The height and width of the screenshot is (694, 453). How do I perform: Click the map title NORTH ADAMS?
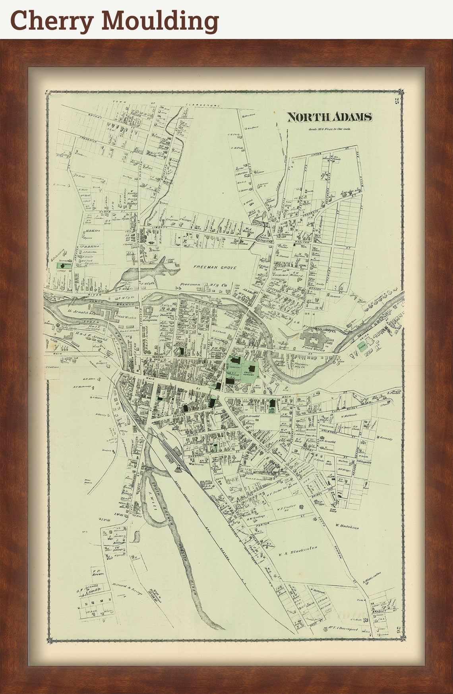329,117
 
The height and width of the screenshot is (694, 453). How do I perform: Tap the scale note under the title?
329,129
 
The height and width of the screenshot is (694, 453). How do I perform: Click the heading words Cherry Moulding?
114,20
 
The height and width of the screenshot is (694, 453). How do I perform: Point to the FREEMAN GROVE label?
215,268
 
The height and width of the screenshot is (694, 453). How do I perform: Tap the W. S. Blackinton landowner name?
297,549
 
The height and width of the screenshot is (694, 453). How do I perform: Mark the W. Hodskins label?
347,527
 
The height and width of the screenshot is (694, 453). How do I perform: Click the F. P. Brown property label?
98,572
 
